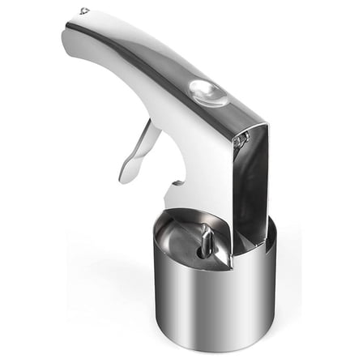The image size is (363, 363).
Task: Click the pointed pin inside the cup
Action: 207,238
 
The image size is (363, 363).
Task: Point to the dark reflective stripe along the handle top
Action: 162,61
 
